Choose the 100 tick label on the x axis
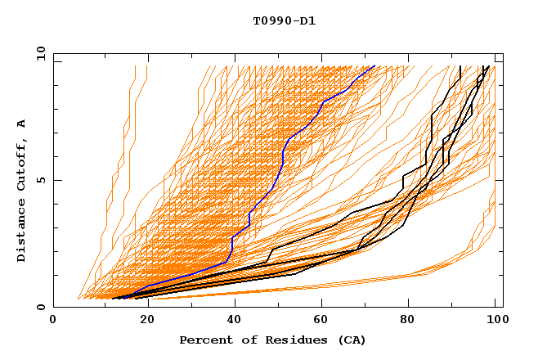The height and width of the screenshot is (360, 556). (493, 320)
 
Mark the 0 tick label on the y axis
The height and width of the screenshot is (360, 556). (40, 308)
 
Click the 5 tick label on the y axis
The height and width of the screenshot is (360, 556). (40, 180)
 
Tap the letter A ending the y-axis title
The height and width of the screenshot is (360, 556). (21, 123)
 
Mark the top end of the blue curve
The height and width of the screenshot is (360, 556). (374, 65)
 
